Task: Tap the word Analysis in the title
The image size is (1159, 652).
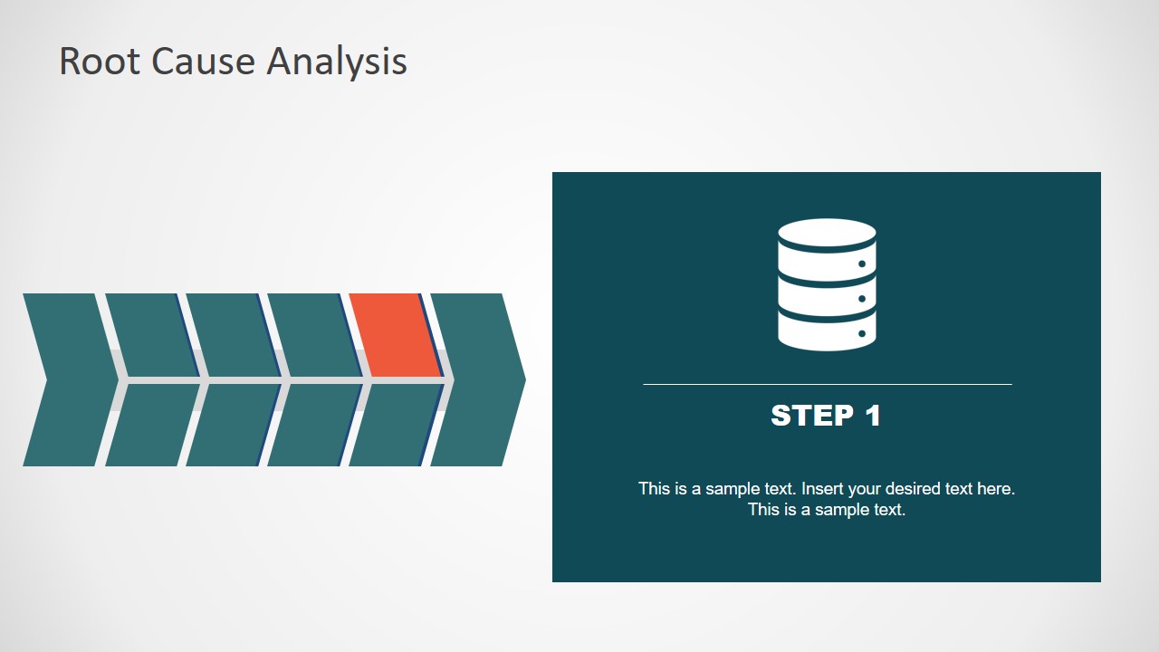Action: pos(336,62)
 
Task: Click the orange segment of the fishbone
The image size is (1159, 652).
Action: pos(396,334)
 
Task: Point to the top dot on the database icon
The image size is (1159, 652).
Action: pos(861,264)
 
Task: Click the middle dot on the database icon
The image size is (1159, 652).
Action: pos(861,299)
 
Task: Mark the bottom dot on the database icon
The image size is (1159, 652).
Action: pos(861,334)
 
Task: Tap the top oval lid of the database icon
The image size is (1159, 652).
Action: pos(827,232)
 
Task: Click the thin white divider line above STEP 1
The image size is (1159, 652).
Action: pos(827,384)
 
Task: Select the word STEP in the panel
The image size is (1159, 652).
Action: pos(811,416)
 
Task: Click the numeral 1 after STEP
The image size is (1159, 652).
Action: pos(872,416)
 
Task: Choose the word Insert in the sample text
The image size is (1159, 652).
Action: pos(823,489)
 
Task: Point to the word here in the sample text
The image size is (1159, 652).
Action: pos(994,489)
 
